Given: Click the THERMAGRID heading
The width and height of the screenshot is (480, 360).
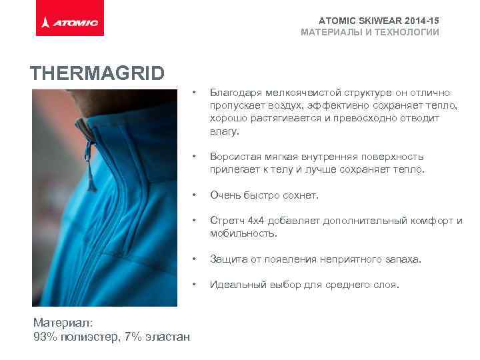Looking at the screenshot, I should point(97,73).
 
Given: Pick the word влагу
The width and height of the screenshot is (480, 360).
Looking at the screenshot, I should point(224,132).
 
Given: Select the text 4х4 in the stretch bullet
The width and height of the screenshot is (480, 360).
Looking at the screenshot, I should point(256,221).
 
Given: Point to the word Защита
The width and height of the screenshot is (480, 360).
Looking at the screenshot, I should point(227,259).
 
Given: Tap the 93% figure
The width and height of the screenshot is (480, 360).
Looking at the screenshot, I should point(45,337).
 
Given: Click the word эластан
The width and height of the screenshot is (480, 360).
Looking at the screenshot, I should point(167,337).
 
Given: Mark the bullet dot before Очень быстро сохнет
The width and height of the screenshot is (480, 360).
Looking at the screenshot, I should point(193,195).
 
